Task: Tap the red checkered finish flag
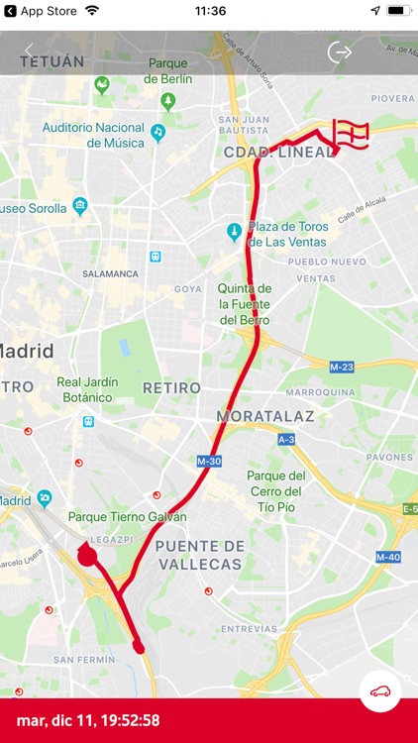(x=350, y=135)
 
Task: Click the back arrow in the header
(x=29, y=52)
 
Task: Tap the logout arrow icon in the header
(x=340, y=52)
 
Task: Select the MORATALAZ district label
(x=265, y=416)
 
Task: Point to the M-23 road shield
(x=342, y=367)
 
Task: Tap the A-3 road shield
(x=286, y=439)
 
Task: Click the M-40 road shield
(x=387, y=557)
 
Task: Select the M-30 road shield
(x=209, y=462)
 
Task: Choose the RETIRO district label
(x=171, y=387)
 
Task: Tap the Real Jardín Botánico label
(x=87, y=389)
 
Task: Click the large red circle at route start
(x=87, y=556)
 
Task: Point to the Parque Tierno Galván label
(x=127, y=517)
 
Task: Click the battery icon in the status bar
(x=398, y=11)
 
